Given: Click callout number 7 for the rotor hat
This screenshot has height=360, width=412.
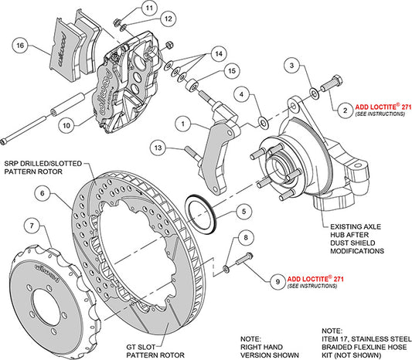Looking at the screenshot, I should pyautogui.click(x=29, y=226).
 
